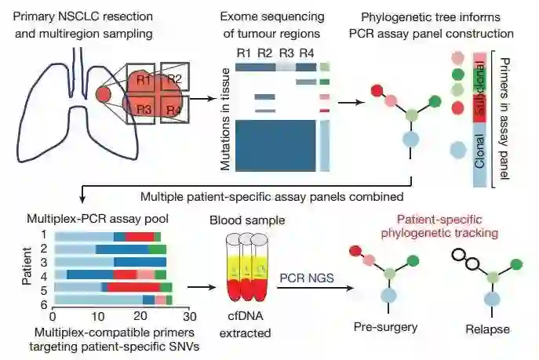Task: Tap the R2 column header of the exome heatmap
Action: (x=265, y=53)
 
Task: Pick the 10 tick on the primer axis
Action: (x=97, y=316)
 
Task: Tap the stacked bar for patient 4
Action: (x=109, y=275)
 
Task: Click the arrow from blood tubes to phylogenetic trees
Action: (x=306, y=288)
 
